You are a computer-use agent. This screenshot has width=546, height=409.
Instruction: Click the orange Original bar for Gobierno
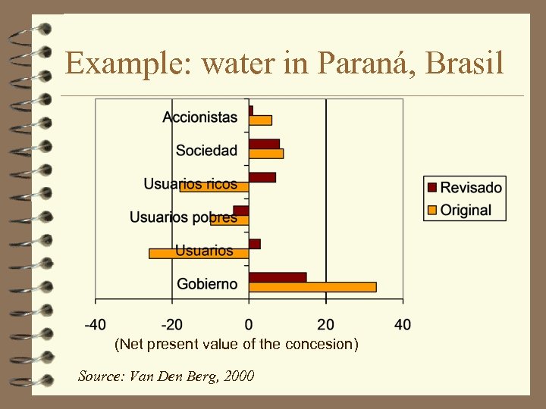(x=312, y=287)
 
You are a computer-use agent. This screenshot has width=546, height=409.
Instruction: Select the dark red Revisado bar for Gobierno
(x=278, y=277)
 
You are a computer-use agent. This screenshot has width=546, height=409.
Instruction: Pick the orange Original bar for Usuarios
(x=199, y=254)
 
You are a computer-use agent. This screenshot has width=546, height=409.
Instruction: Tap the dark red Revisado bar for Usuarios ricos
(x=262, y=177)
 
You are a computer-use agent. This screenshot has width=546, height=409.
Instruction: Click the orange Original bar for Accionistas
(x=260, y=120)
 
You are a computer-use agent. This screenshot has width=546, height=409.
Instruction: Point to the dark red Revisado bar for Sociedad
(x=264, y=144)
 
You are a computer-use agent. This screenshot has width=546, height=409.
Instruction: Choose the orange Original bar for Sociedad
(x=266, y=154)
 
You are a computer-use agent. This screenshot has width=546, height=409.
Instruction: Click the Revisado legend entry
(x=465, y=188)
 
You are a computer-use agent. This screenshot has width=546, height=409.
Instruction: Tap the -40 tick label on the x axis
(x=95, y=325)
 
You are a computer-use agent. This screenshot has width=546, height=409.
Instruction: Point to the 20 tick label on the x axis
(x=326, y=325)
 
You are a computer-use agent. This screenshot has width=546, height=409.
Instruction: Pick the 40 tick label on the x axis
(x=403, y=325)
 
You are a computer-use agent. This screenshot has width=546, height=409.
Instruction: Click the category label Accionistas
(x=199, y=117)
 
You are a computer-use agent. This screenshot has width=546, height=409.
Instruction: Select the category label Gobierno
(x=207, y=284)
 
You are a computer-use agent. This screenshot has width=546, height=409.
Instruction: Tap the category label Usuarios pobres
(x=183, y=217)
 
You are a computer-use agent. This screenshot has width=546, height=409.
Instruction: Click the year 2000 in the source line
(x=237, y=376)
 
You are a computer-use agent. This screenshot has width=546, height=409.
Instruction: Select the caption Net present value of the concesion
(x=236, y=345)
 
